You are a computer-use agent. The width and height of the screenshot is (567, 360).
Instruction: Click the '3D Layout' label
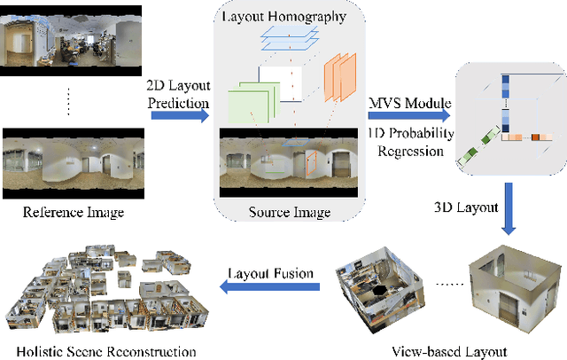pos(463,207)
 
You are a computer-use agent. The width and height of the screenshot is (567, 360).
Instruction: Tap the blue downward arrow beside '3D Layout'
pos(509,209)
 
